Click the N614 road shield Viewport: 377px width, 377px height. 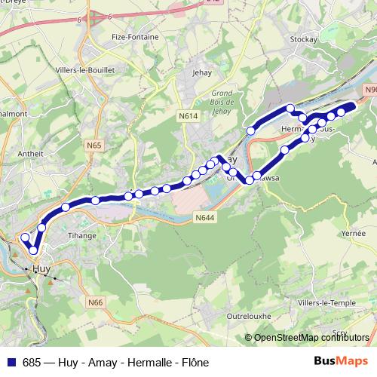tap(188, 116)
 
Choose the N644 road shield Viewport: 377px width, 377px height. tap(204, 219)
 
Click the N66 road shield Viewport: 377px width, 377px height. tap(95, 302)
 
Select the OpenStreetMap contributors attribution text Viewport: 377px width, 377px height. tap(311, 337)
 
